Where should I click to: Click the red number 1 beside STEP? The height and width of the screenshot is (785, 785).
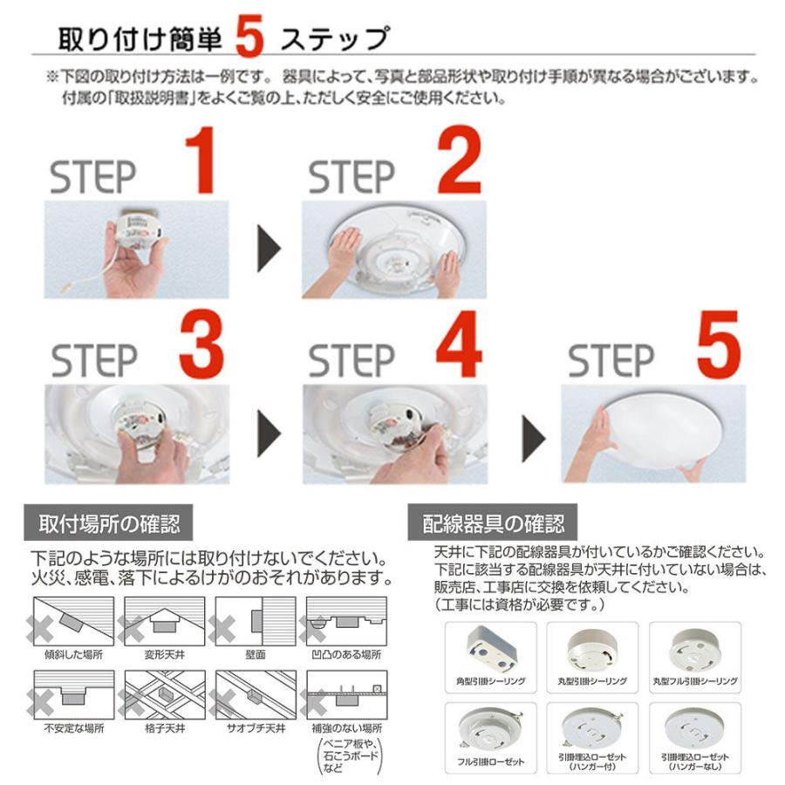tap(201, 160)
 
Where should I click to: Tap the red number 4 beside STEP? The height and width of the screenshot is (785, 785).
tap(459, 344)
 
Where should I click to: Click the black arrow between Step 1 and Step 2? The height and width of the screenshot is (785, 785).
tap(270, 249)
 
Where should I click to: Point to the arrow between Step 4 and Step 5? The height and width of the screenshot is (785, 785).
tap(534, 439)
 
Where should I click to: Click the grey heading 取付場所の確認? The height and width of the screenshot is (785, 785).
tap(109, 523)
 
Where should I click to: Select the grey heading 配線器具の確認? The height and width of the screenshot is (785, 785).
tap(493, 523)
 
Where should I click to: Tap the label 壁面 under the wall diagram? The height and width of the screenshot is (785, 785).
tap(256, 655)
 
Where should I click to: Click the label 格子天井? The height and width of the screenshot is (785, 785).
tap(165, 728)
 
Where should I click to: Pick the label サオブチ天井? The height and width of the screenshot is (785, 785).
tap(256, 728)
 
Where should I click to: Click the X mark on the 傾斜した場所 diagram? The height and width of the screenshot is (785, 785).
tap(41, 629)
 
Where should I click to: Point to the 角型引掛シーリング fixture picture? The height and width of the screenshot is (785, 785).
tap(491, 649)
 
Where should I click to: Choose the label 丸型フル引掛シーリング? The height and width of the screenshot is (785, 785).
tap(695, 681)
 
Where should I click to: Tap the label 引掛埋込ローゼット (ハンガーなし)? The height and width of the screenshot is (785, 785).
tap(695, 761)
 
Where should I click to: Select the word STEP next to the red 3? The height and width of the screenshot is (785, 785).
tap(94, 360)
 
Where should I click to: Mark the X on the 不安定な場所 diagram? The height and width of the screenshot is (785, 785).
tap(41, 702)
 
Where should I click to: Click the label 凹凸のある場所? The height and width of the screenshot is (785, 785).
tap(346, 655)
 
